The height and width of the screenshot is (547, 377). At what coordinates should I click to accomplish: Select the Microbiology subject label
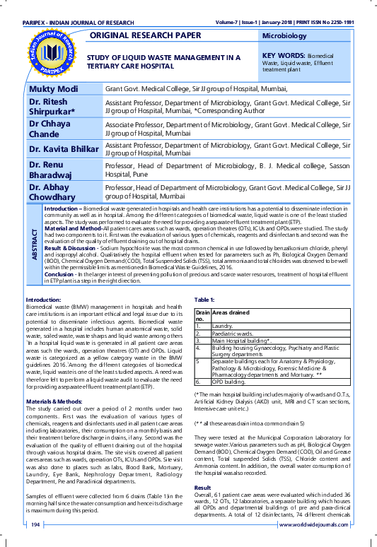pyautogui.click(x=284, y=35)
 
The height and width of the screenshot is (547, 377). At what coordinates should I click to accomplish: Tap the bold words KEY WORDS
pyautogui.click(x=283, y=54)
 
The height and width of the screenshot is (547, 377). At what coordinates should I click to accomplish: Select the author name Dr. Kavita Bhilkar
pyautogui.click(x=63, y=149)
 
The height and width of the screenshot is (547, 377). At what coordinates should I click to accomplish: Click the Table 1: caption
pyautogui.click(x=204, y=320)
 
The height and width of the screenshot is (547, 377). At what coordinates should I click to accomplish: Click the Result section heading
pyautogui.click(x=203, y=487)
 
